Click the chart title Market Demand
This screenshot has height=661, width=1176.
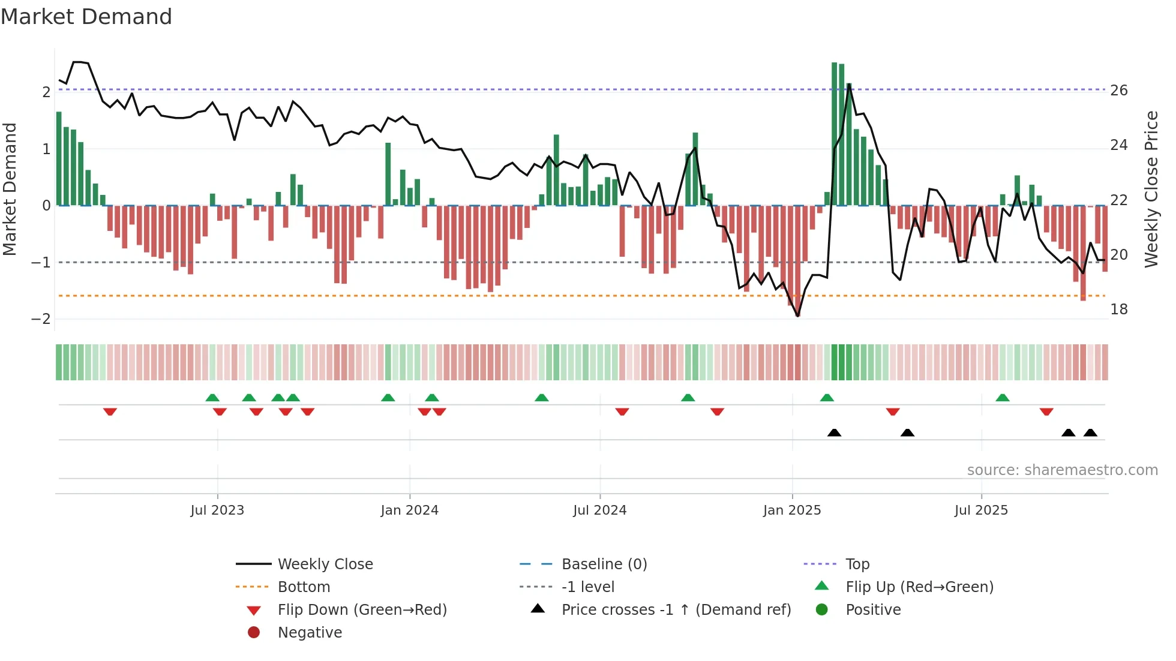click(x=86, y=17)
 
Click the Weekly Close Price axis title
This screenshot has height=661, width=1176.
click(x=1151, y=189)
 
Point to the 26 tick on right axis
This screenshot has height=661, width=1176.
click(x=1118, y=91)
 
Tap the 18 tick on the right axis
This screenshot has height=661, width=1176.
click(x=1118, y=310)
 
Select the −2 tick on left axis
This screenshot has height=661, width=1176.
click(x=41, y=319)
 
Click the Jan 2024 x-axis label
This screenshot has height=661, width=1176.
click(x=409, y=510)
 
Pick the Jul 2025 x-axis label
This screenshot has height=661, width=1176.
click(x=981, y=510)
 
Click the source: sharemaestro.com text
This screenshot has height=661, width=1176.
click(x=1062, y=470)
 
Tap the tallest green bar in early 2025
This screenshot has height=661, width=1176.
click(x=834, y=134)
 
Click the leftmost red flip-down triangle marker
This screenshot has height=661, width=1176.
click(x=110, y=411)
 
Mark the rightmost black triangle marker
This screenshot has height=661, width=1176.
click(x=1090, y=432)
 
